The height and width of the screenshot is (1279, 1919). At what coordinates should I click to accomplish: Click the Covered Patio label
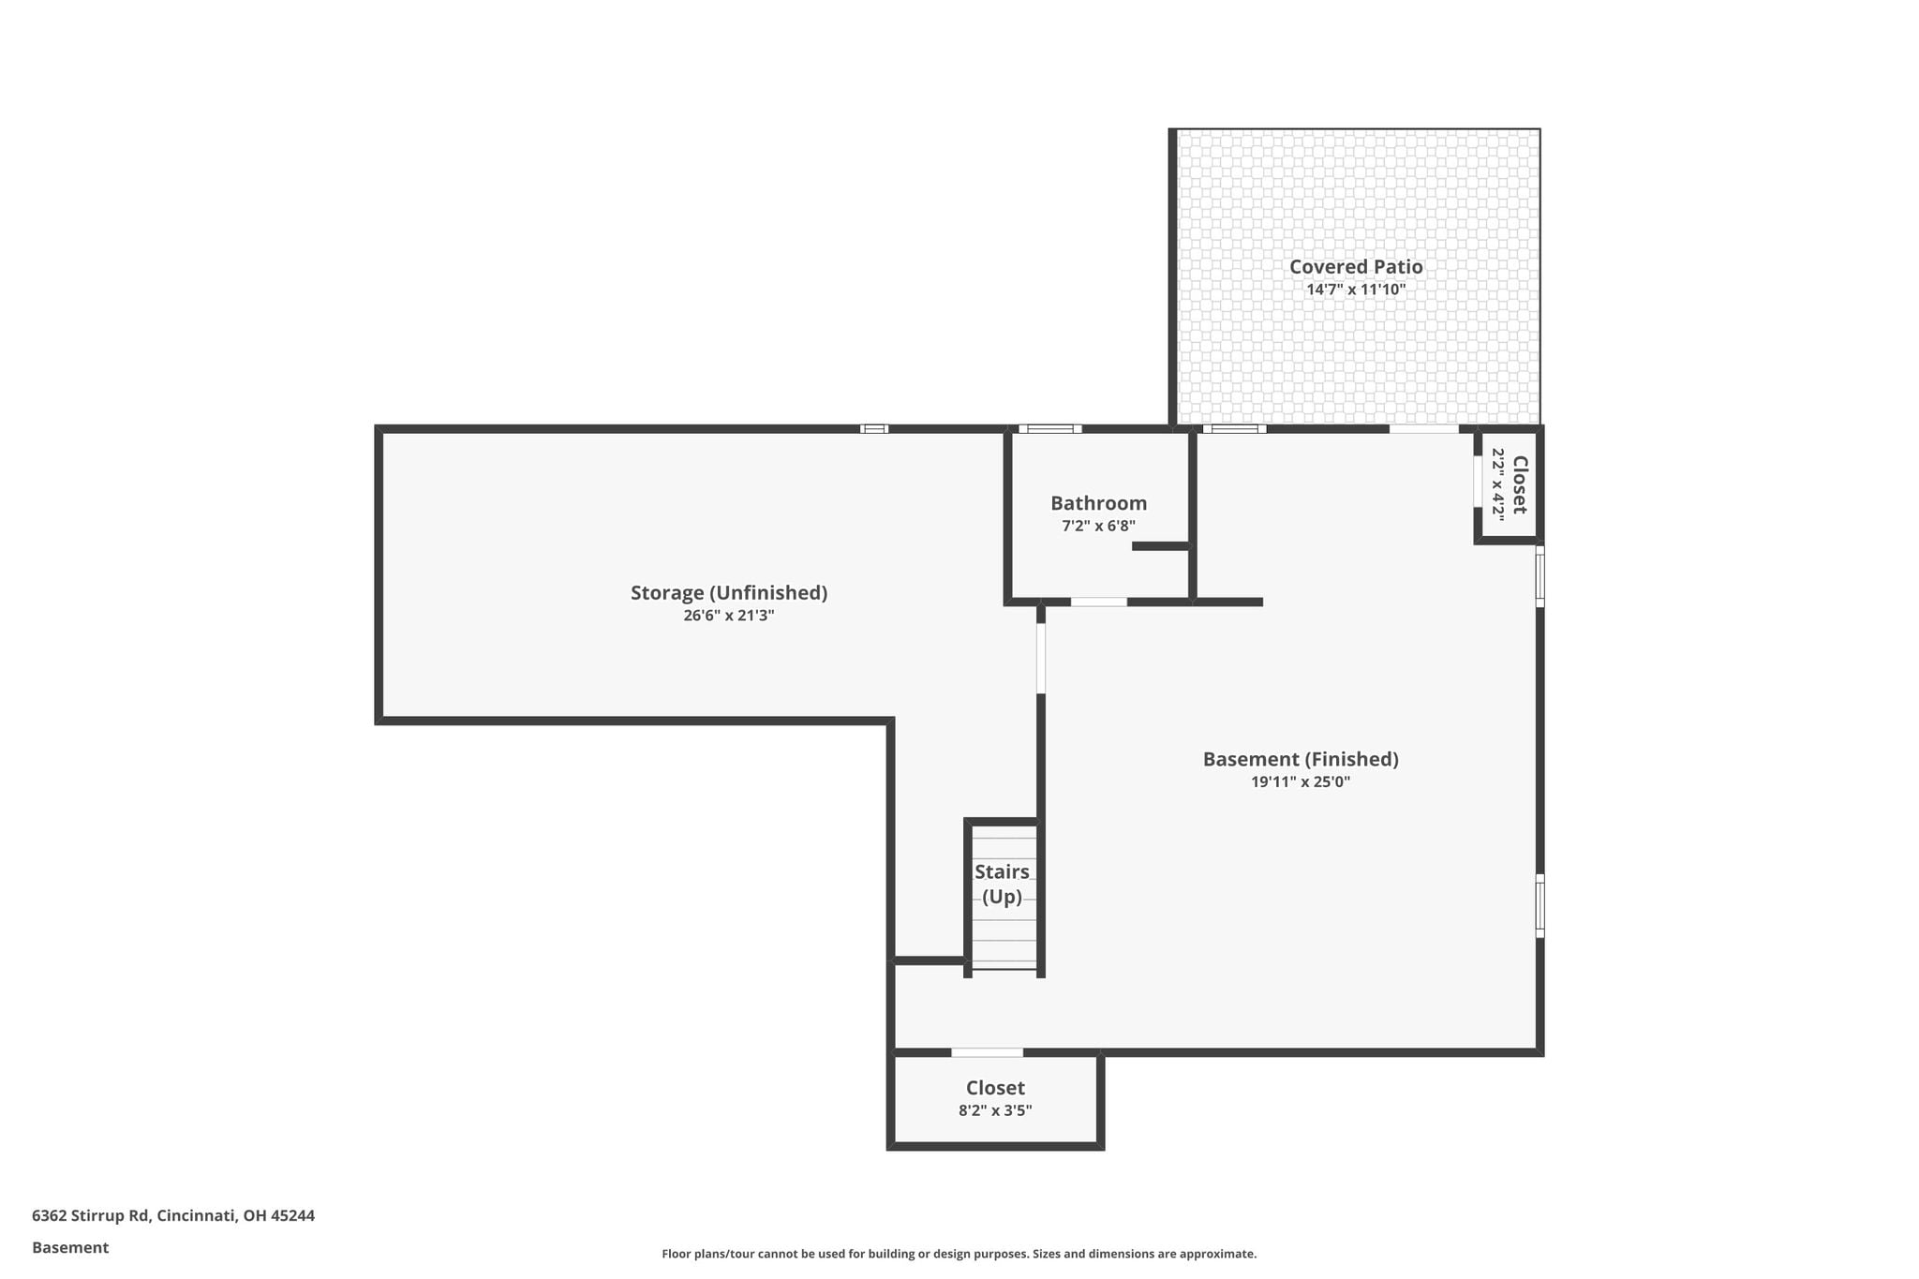pyautogui.click(x=1356, y=267)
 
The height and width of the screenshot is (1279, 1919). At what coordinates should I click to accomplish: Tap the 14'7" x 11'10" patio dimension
pyautogui.click(x=1356, y=290)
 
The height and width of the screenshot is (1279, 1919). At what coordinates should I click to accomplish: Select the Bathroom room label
pyautogui.click(x=1098, y=503)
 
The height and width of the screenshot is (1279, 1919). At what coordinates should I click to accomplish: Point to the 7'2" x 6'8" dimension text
pyautogui.click(x=1098, y=527)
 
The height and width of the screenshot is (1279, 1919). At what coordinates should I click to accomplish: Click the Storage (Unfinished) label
pyautogui.click(x=729, y=593)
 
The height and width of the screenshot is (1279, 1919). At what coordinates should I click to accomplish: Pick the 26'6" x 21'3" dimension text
pyautogui.click(x=729, y=616)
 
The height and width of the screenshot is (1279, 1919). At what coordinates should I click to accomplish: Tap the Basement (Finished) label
pyautogui.click(x=1301, y=759)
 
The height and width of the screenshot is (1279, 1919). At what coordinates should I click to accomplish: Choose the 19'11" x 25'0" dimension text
pyautogui.click(x=1301, y=781)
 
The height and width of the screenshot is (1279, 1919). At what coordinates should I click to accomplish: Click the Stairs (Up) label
pyautogui.click(x=1002, y=885)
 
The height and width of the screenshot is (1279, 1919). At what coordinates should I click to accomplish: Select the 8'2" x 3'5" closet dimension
pyautogui.click(x=995, y=1111)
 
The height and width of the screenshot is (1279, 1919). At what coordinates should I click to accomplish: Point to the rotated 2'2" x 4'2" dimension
pyautogui.click(x=1497, y=483)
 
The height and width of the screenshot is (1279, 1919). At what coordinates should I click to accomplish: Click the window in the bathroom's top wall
pyautogui.click(x=1050, y=429)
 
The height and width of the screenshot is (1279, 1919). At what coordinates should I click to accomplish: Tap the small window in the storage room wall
pyautogui.click(x=874, y=429)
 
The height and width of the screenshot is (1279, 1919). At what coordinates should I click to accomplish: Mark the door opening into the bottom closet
pyautogui.click(x=987, y=1052)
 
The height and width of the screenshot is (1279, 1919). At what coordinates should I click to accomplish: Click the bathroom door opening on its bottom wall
pyautogui.click(x=1099, y=602)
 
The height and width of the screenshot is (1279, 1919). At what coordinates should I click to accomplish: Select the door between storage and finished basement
pyautogui.click(x=1041, y=659)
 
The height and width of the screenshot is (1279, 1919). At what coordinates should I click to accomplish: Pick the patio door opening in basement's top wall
pyautogui.click(x=1423, y=429)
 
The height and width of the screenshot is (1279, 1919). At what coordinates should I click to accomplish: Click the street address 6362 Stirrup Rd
pyautogui.click(x=91, y=1216)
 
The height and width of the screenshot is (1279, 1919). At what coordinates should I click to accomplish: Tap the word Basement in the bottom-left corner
pyautogui.click(x=70, y=1248)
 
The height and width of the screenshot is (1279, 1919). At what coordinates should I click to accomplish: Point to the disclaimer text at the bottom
pyautogui.click(x=959, y=1254)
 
